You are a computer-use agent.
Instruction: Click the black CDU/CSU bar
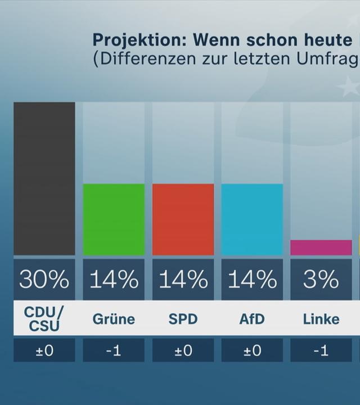44,178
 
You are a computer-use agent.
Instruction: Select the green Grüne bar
114,219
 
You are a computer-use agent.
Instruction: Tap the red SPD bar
183,219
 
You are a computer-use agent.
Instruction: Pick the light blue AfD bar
252,219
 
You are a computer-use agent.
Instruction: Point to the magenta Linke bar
321,247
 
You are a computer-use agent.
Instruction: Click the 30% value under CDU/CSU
44,280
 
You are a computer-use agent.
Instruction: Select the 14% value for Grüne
114,280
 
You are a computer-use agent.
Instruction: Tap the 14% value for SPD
183,280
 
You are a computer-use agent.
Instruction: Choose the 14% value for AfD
252,280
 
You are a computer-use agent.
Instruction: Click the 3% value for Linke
321,280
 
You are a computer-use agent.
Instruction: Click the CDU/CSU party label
44,319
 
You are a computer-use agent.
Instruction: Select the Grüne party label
114,319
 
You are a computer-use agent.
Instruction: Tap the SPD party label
183,319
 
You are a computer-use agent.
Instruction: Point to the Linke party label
321,319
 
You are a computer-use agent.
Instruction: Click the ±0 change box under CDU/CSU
44,350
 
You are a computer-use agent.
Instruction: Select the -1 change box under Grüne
114,350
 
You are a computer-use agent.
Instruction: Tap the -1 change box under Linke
321,350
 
